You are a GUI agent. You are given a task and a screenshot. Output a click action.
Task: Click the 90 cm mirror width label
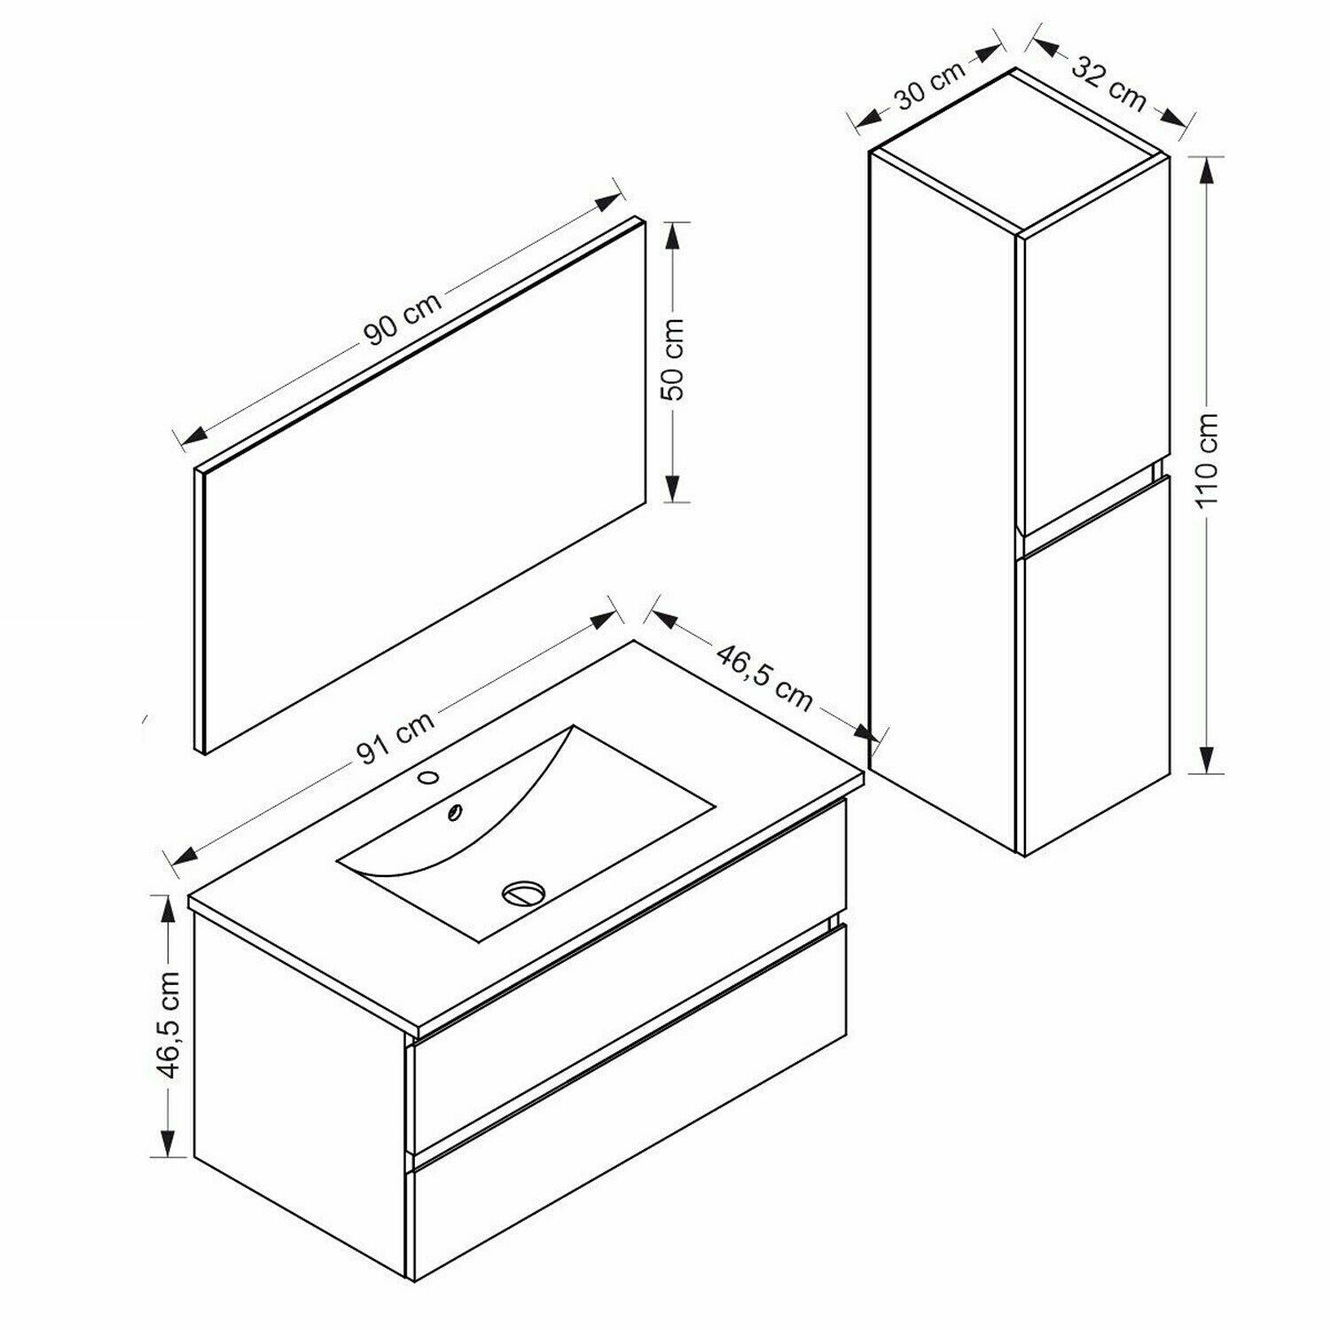403,319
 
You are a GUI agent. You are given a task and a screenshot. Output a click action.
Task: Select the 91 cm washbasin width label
395,738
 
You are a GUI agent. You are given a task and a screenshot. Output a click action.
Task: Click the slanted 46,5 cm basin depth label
764,678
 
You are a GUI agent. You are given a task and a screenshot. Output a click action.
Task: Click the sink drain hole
521,892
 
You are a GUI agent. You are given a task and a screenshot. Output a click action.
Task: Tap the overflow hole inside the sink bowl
455,810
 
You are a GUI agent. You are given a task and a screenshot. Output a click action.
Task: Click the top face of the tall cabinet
1020,152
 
